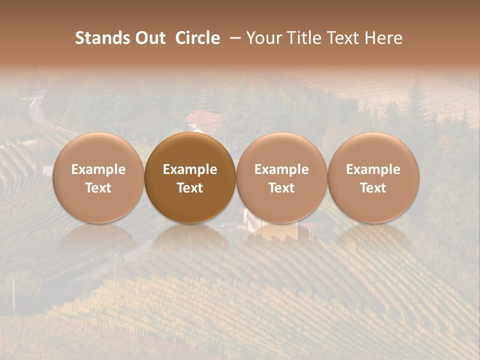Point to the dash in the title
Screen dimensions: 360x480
point(233,38)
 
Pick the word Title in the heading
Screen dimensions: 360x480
point(303,38)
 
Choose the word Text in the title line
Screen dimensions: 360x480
point(342,38)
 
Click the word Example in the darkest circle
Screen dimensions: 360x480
point(190,169)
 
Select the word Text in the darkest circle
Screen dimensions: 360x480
point(190,188)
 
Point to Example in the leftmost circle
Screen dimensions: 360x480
point(98,169)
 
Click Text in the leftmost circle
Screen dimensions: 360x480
point(98,188)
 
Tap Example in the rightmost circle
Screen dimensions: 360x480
point(373,169)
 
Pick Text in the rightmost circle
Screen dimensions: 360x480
point(373,188)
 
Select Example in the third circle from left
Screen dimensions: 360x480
point(281,169)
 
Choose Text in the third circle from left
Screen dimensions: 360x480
point(281,188)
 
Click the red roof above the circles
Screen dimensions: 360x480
point(204,119)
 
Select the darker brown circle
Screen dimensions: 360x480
point(190,150)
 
